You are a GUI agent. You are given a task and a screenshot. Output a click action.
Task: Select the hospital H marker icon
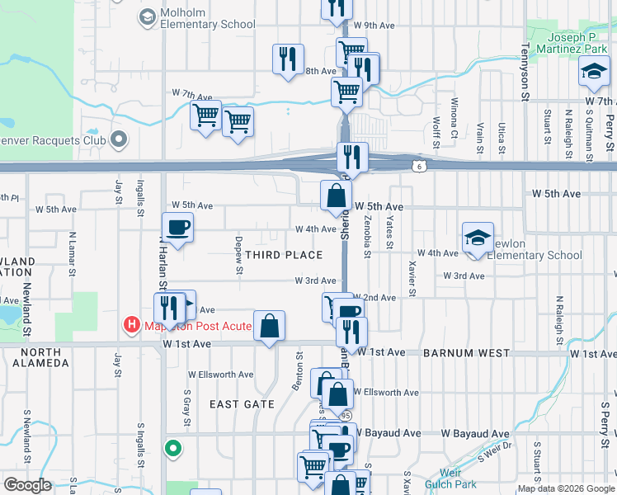coord(130,325)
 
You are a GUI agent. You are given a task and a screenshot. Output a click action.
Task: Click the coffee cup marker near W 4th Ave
coord(177,228)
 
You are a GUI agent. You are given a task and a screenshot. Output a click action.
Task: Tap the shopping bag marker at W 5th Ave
coord(336,197)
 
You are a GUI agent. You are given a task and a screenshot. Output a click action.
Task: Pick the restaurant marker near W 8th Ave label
coord(288,59)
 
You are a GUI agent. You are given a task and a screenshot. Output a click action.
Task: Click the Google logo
coord(27,484)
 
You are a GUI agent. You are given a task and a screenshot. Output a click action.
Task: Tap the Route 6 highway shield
coord(420,166)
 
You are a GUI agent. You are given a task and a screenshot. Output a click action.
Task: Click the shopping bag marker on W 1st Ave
coord(270,327)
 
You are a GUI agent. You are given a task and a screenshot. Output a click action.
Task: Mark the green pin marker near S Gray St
coord(172,449)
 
